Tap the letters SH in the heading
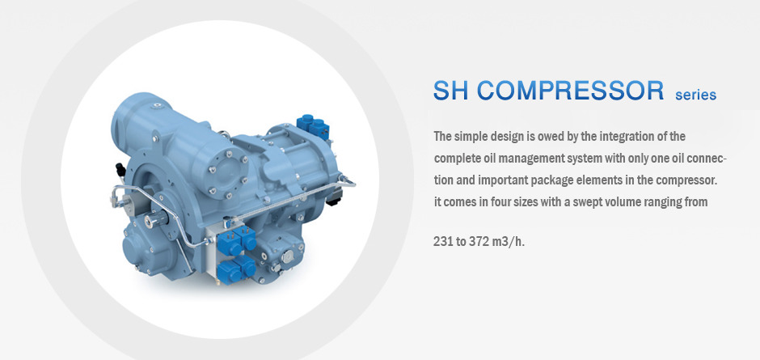pyautogui.click(x=451, y=91)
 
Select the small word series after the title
pyautogui.click(x=695, y=95)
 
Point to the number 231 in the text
pyautogui.click(x=443, y=241)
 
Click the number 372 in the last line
pyautogui.click(x=479, y=241)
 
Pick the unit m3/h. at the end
pyautogui.click(x=509, y=242)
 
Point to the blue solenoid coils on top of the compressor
pyautogui.click(x=313, y=127)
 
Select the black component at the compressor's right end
pyautogui.click(x=335, y=197)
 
